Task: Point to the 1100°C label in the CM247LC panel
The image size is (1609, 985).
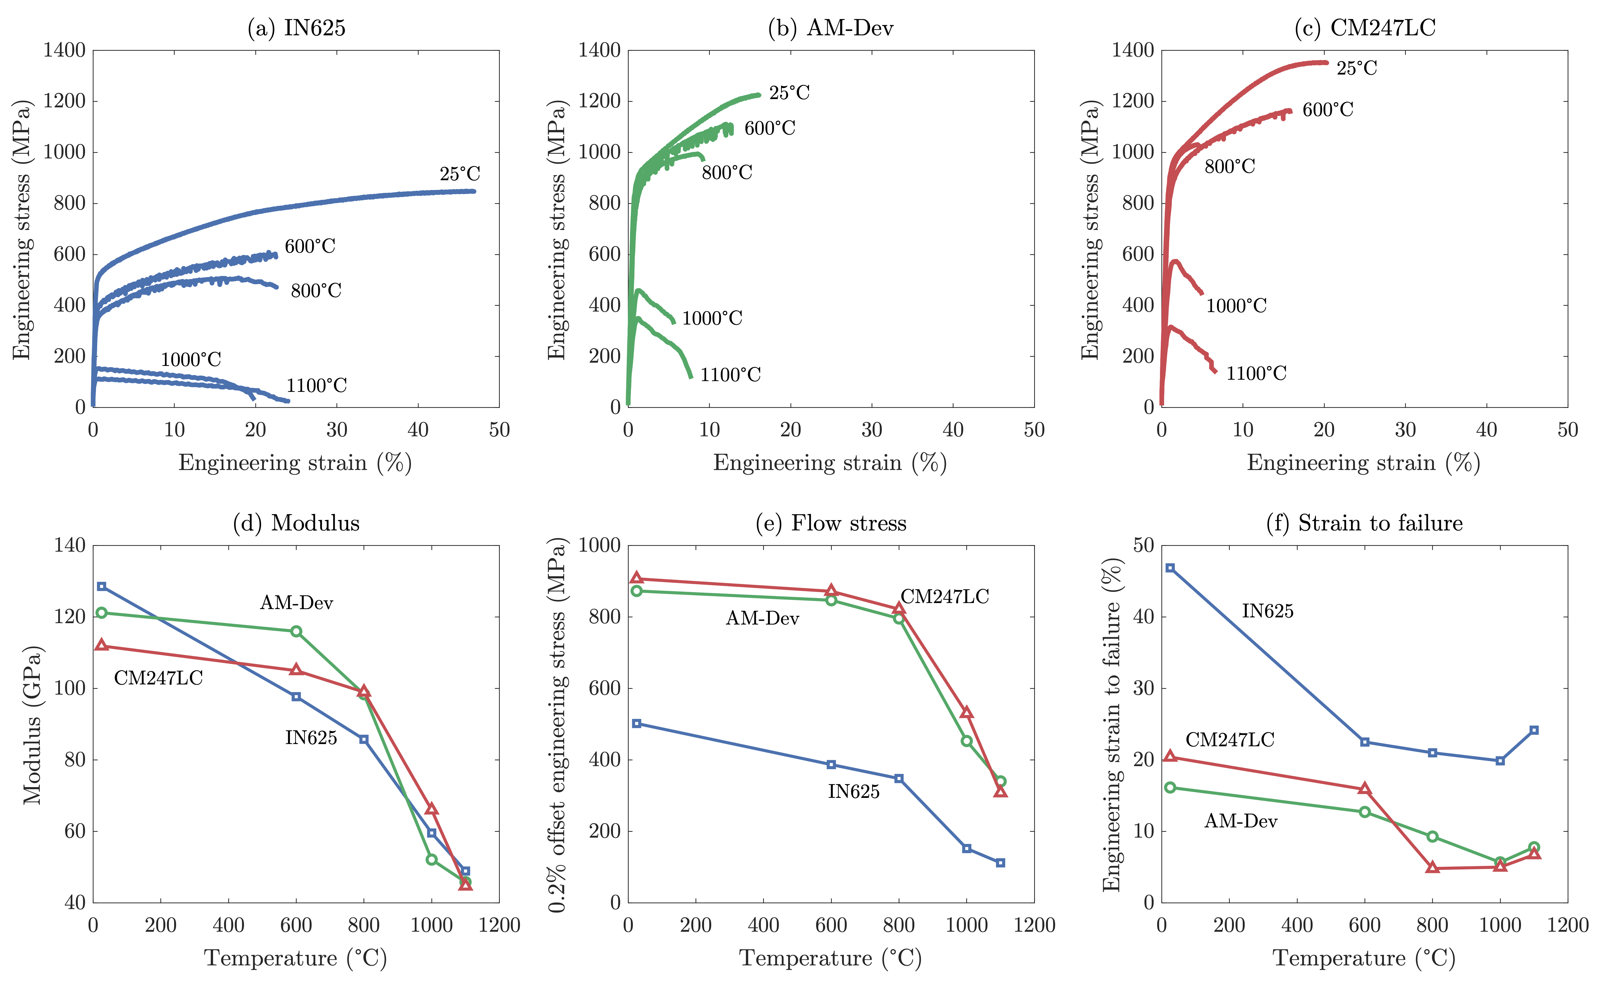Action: (1256, 374)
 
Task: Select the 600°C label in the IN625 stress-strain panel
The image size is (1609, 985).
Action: (310, 246)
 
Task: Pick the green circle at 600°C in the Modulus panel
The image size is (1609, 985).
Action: (296, 631)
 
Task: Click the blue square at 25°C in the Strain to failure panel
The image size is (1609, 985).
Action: (1170, 568)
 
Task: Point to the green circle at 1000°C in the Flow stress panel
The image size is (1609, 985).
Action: (967, 741)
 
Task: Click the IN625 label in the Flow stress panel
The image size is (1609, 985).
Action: (853, 792)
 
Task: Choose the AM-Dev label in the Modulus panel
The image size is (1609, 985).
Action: (296, 603)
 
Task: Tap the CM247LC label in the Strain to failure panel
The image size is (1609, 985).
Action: (1230, 740)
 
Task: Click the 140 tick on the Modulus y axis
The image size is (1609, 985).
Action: (70, 545)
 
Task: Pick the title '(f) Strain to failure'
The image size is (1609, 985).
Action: (1364, 523)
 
